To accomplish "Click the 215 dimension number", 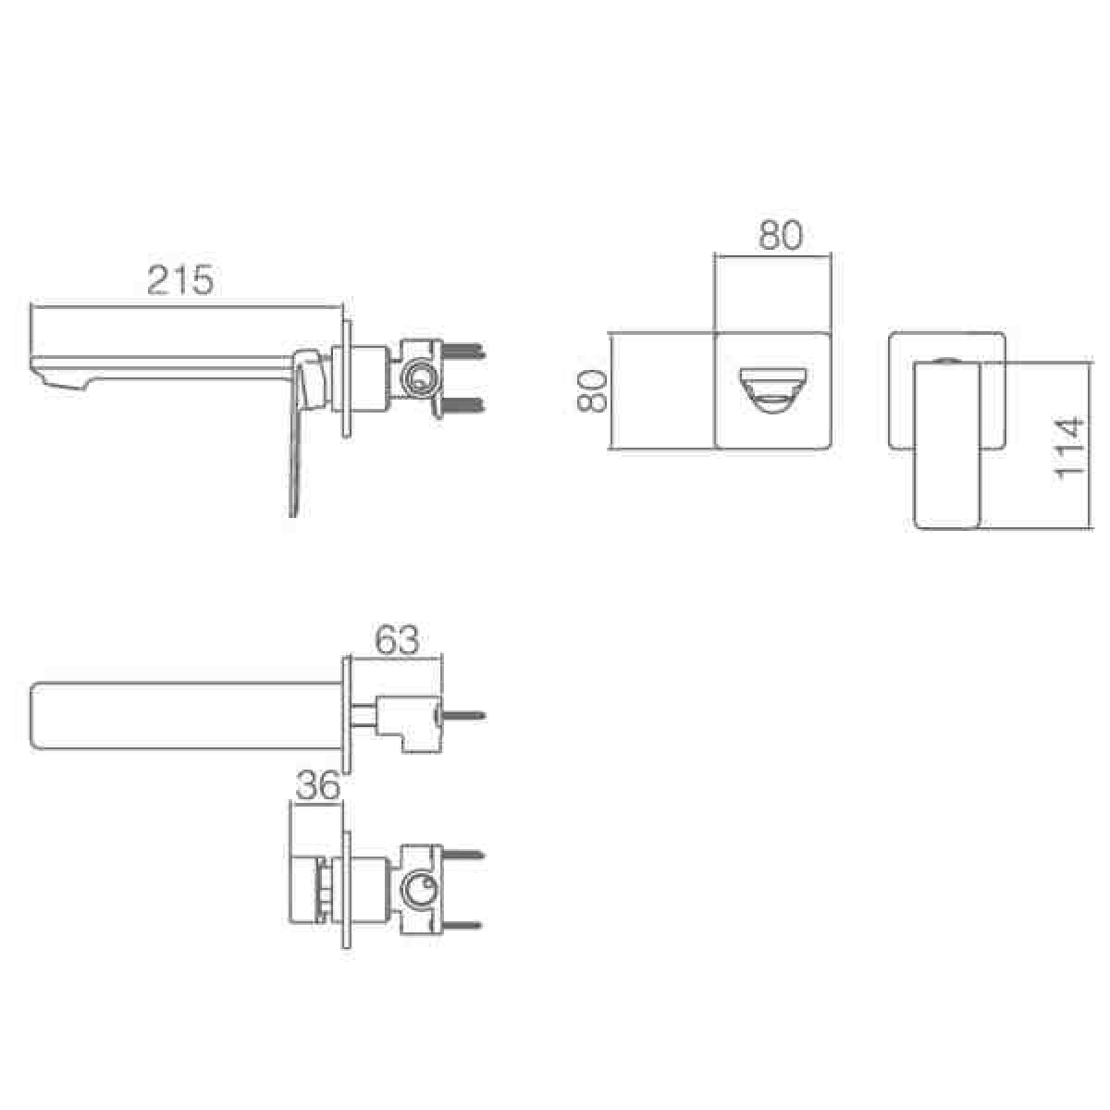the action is [180, 280].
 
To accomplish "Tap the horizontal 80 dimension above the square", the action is [781, 235].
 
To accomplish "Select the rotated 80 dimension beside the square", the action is [592, 390].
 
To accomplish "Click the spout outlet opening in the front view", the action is [772, 390].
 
